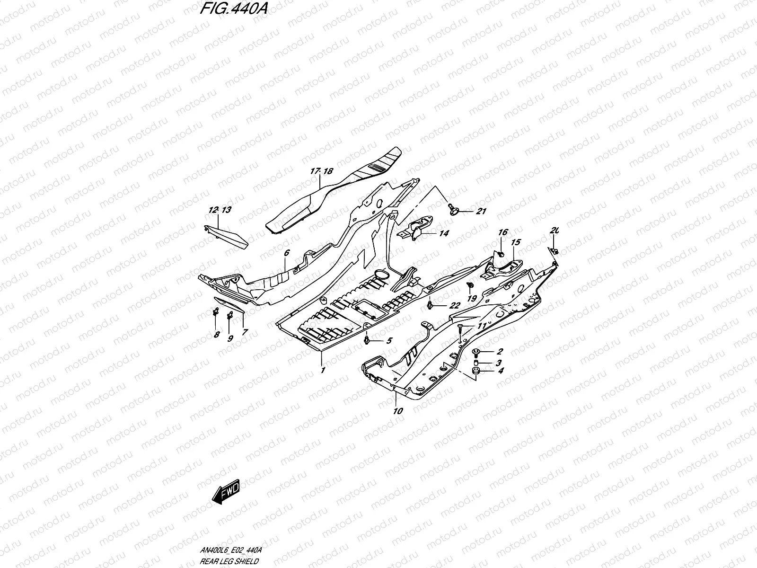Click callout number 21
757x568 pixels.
click(x=481, y=212)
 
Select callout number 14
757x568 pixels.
click(x=444, y=233)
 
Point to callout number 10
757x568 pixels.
click(x=398, y=411)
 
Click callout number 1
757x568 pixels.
click(x=323, y=371)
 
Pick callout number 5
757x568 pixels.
click(x=389, y=340)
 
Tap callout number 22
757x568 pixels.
click(x=454, y=306)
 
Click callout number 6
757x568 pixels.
click(x=287, y=253)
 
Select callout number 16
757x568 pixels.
click(x=502, y=232)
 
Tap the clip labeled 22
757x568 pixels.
click(x=429, y=305)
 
